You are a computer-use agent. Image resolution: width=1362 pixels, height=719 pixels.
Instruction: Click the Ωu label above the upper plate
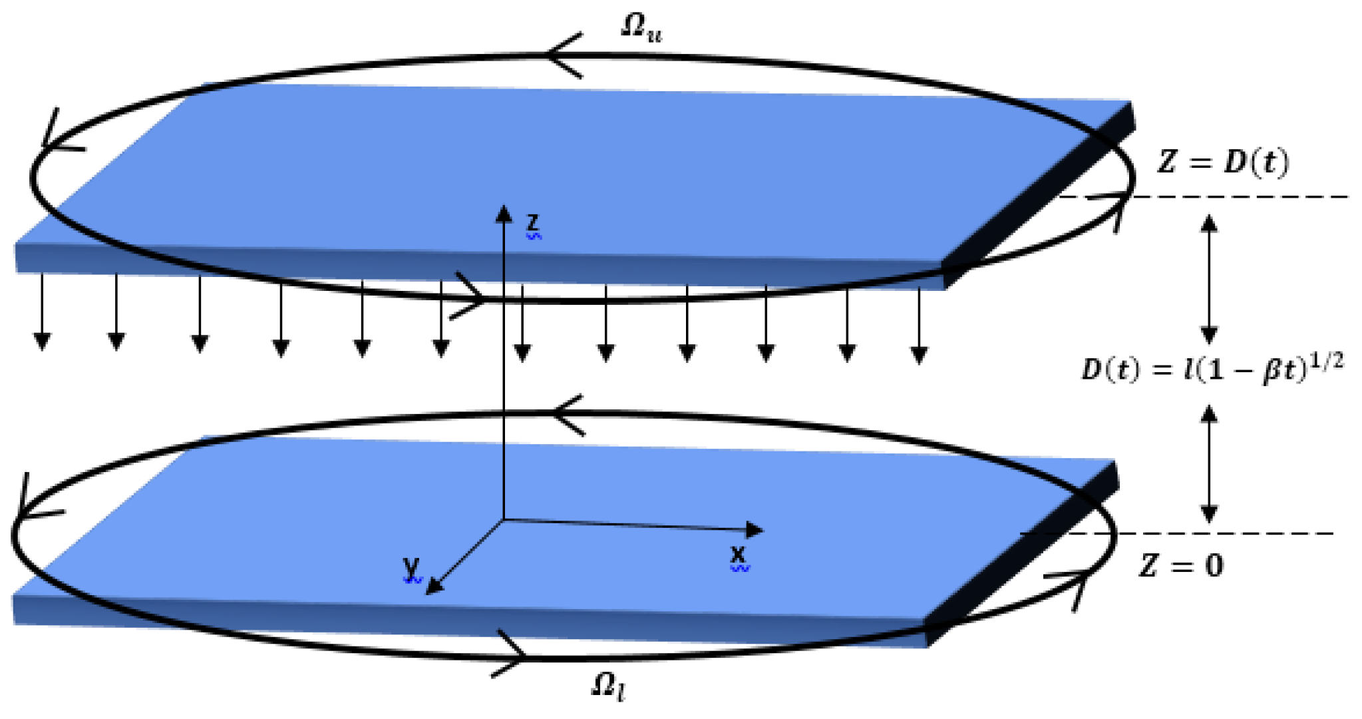[x=641, y=28]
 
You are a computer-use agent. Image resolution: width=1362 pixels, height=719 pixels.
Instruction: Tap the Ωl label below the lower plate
[x=608, y=686]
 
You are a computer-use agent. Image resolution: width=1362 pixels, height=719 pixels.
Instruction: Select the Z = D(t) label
[x=1223, y=162]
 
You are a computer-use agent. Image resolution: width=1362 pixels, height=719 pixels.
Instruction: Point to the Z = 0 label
[x=1182, y=566]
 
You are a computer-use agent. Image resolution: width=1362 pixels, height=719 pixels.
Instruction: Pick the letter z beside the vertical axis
[x=533, y=223]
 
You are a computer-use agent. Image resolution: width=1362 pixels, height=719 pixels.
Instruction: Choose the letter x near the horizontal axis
[x=738, y=555]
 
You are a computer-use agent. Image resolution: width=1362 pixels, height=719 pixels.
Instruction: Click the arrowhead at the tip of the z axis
[x=504, y=212]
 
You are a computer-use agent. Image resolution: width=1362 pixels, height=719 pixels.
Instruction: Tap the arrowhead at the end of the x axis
[x=755, y=530]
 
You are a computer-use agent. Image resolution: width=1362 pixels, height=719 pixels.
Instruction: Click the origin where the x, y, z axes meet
[x=504, y=519]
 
